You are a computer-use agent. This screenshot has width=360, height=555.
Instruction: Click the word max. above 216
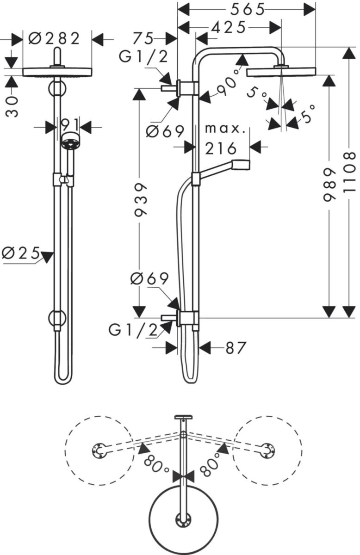coord(225,128)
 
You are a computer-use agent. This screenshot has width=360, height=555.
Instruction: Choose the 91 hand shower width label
coord(68,125)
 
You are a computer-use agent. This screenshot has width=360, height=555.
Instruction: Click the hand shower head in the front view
coord(70,142)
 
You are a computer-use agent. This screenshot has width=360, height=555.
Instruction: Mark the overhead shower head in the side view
coord(281,72)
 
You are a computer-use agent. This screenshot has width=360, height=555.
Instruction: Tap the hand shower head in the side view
coord(240,164)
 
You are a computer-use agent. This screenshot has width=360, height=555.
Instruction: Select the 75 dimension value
coord(143,38)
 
